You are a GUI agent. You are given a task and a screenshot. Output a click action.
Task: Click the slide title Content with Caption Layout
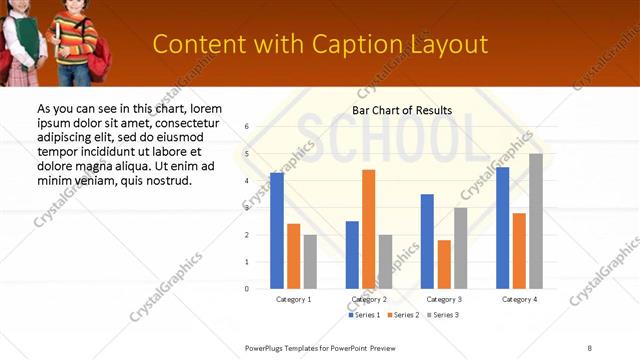point(320,44)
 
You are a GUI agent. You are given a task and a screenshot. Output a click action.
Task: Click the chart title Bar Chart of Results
point(402,110)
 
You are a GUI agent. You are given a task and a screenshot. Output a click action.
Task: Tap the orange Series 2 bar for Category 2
point(368,229)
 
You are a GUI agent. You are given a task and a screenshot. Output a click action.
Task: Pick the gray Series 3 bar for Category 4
point(536,221)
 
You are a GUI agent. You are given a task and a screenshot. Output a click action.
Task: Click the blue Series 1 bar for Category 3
point(427,241)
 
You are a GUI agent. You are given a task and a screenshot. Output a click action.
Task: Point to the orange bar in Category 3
point(444,264)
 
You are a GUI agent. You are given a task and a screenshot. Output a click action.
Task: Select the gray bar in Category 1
point(310,261)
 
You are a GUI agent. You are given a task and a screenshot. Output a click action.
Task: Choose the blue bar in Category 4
point(502,227)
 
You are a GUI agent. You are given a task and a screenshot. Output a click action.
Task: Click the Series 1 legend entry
point(365,315)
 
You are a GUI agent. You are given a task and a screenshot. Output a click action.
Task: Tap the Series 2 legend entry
point(402,315)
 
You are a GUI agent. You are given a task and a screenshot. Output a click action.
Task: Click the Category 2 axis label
point(369,299)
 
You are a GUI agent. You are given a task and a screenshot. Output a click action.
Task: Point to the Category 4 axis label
point(519,299)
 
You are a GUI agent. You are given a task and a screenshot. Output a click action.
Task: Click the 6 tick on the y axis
point(247,127)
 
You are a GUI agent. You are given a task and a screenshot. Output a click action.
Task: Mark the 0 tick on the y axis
point(247,288)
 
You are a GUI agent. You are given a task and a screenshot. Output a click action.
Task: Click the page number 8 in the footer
point(589,347)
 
